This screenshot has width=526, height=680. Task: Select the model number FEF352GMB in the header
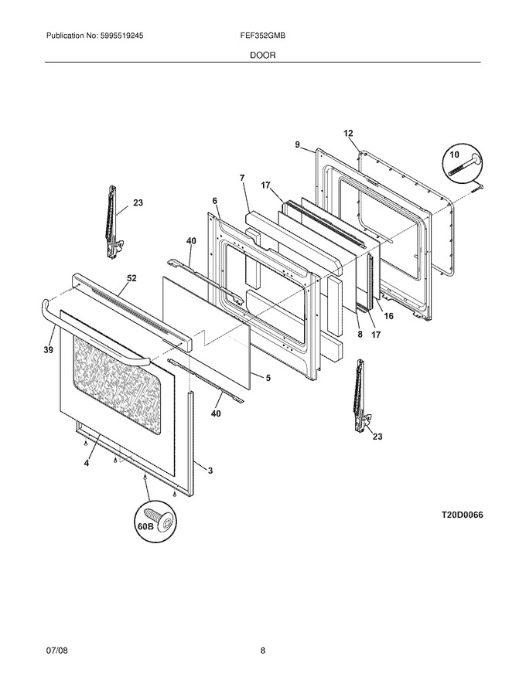(262, 36)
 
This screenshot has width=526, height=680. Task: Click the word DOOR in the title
(262, 56)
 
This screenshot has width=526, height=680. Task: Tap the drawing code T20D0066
(463, 515)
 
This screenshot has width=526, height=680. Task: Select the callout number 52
(131, 278)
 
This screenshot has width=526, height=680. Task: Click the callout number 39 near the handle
(48, 350)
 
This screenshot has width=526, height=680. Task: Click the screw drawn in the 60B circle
(161, 519)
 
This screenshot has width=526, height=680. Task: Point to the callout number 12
(349, 134)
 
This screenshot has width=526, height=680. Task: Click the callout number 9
(297, 144)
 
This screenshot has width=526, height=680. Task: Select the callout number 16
(389, 316)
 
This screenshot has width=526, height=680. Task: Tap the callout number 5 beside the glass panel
(268, 378)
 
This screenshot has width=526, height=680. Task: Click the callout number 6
(215, 201)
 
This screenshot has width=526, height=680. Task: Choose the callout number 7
(242, 178)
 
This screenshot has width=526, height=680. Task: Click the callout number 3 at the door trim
(210, 471)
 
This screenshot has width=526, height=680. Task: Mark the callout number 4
(87, 464)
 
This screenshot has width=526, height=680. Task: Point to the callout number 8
(360, 335)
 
